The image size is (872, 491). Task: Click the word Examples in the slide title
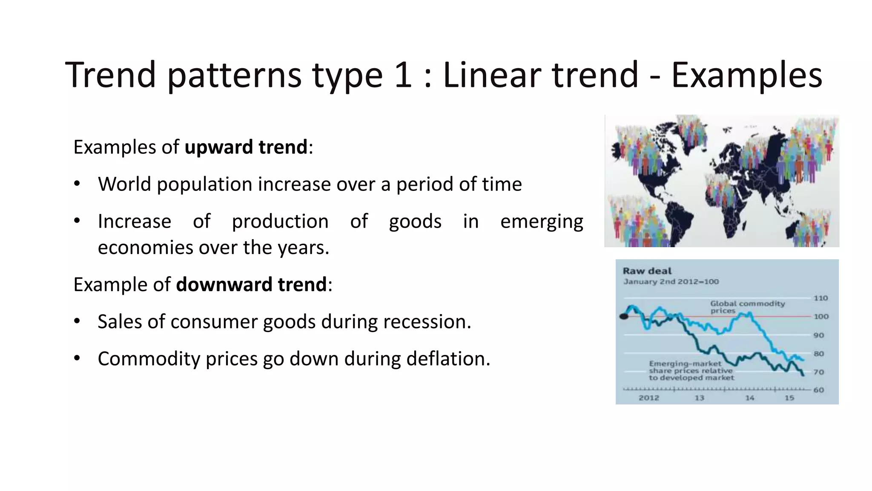coord(746,75)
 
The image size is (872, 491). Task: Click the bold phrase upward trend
coord(246,147)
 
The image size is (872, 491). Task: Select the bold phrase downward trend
coord(251,285)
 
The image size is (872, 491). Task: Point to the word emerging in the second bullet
coord(541,222)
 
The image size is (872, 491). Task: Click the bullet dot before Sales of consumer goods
coord(77,321)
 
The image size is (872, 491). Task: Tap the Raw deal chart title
coord(647,271)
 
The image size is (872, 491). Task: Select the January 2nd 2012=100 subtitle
coord(671,282)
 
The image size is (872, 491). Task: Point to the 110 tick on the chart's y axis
coord(820,298)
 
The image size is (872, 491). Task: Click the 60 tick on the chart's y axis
coord(818,390)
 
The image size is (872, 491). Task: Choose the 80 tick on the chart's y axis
coord(818,354)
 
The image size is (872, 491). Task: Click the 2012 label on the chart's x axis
coord(648,398)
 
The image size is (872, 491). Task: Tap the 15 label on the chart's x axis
coord(789,398)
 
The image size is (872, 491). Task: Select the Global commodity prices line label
coord(747,307)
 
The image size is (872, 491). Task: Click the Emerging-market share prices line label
coord(691,370)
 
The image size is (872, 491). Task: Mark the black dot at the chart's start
coord(624,316)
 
